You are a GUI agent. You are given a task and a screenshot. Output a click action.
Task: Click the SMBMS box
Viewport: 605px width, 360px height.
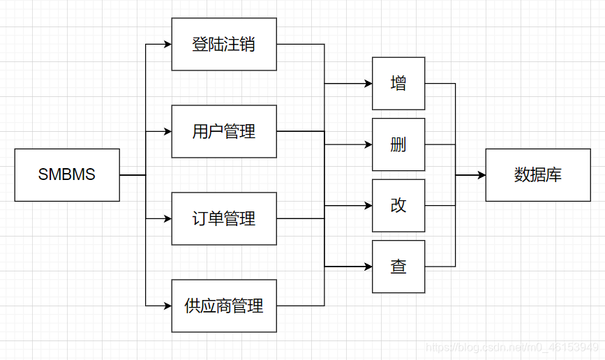[x=67, y=175]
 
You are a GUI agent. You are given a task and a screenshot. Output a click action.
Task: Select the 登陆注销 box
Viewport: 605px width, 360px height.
[x=224, y=45]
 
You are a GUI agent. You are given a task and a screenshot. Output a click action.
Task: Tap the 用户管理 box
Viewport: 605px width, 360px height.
[x=224, y=131]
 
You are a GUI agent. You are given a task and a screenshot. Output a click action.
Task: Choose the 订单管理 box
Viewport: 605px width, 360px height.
[x=224, y=218]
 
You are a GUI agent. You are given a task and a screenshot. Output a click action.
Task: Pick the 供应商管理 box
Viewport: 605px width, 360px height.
[x=224, y=306]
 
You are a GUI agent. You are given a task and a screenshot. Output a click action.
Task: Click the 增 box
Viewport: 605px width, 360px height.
[x=398, y=84]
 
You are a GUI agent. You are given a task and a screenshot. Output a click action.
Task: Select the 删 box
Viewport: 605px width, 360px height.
[x=398, y=145]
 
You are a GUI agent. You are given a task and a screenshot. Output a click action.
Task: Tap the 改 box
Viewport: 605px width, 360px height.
[x=398, y=206]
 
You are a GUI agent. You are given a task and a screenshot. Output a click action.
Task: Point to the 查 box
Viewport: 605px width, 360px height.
[x=398, y=267]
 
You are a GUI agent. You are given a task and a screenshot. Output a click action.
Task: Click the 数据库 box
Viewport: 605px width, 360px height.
[x=537, y=175]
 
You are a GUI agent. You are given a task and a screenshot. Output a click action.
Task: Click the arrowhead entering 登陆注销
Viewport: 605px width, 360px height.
[x=167, y=45]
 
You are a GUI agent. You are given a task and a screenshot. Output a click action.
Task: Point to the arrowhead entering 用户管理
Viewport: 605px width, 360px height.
[x=167, y=131]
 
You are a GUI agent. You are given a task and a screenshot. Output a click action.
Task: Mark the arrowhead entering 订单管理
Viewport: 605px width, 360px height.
[x=167, y=218]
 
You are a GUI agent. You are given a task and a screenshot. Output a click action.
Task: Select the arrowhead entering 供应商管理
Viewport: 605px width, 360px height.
[x=167, y=306]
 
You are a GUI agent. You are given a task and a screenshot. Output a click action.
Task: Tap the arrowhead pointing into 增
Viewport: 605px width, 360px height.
[x=368, y=84]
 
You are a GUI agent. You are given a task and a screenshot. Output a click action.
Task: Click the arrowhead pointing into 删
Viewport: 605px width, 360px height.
[x=368, y=145]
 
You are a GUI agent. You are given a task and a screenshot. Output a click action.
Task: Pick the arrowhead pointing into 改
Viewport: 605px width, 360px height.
[x=368, y=206]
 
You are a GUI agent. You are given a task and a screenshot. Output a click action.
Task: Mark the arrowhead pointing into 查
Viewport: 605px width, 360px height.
[x=368, y=267]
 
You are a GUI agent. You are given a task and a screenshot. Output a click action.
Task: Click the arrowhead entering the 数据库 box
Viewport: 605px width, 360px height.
[x=481, y=175]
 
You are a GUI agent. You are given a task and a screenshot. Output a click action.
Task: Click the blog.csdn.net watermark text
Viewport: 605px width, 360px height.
[x=512, y=347]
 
